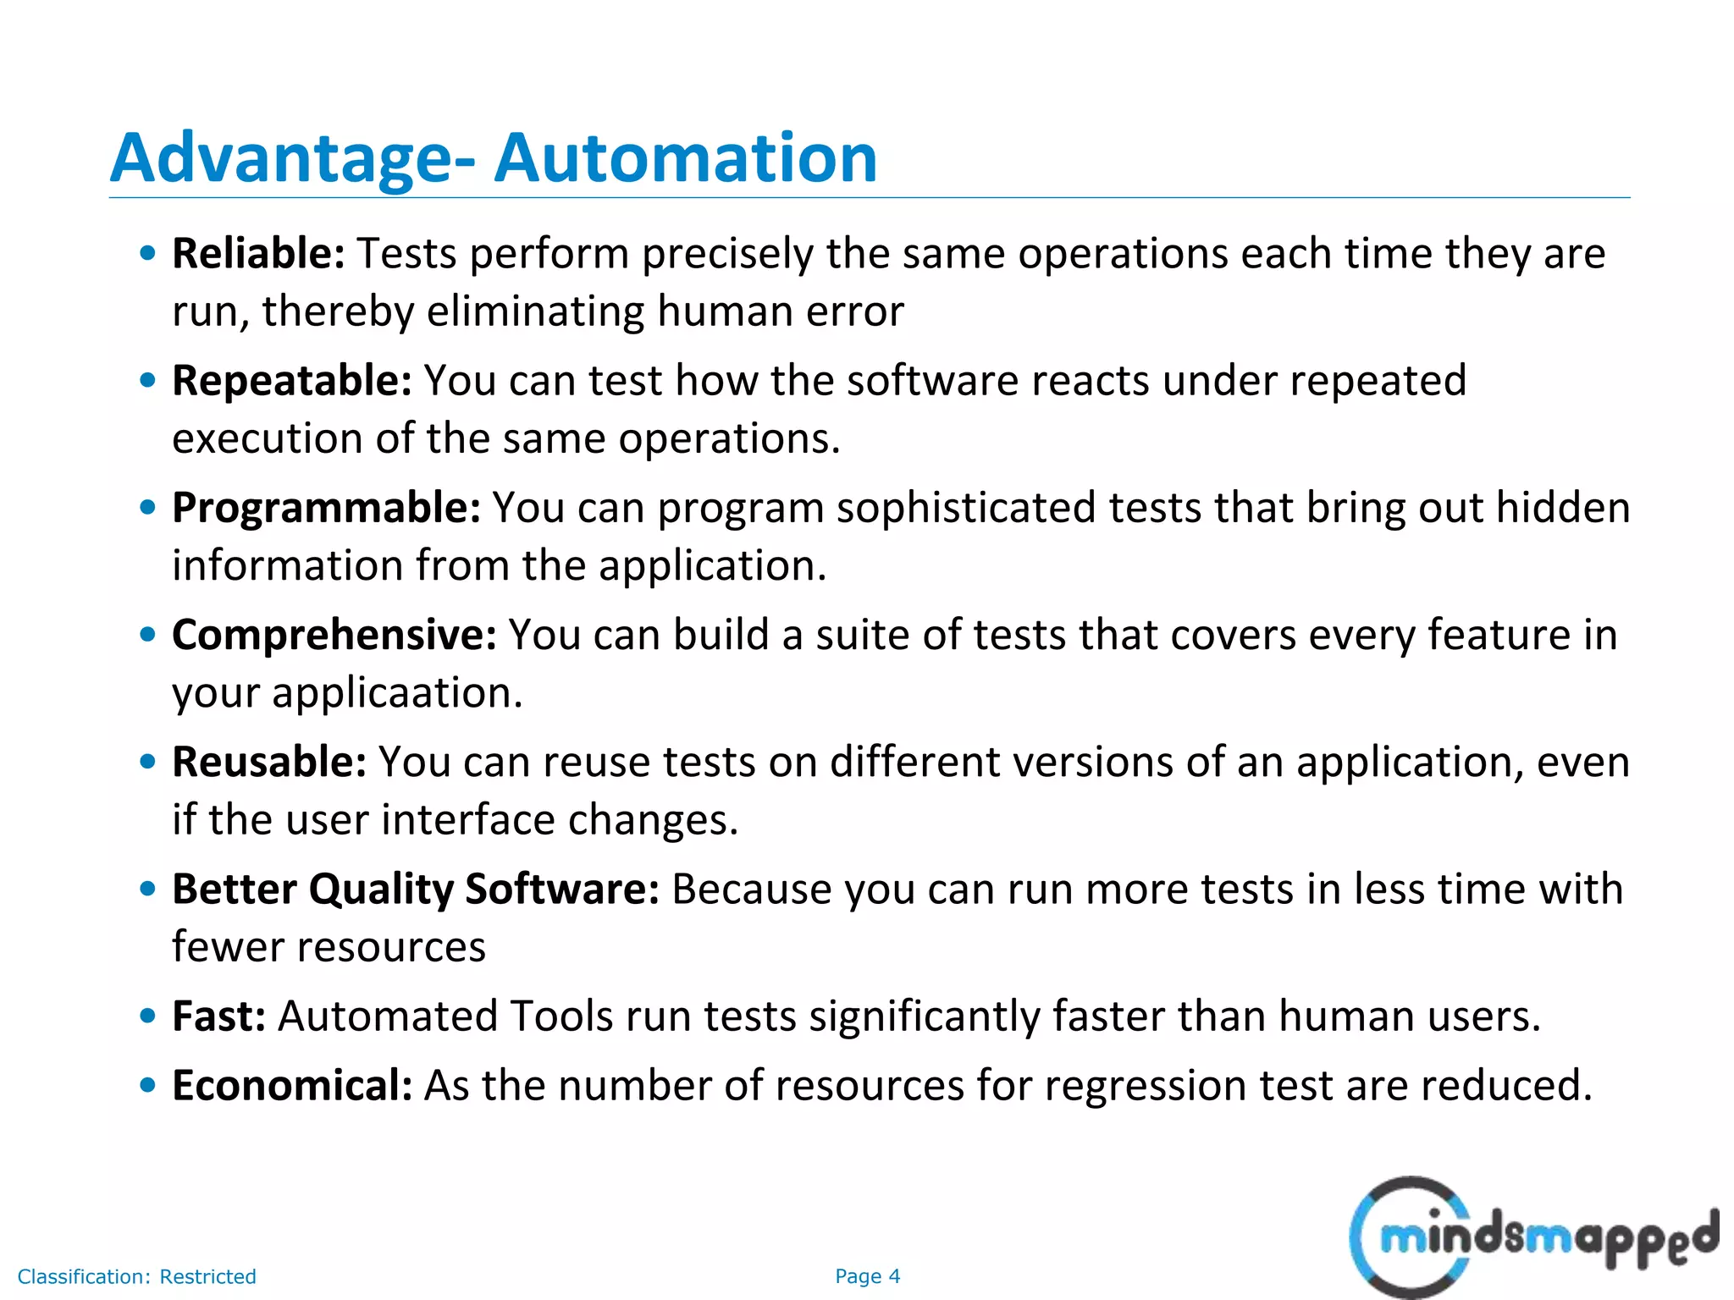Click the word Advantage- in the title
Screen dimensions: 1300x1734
click(x=293, y=158)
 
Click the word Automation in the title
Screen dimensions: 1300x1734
click(x=686, y=158)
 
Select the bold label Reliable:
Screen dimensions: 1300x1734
click(x=258, y=254)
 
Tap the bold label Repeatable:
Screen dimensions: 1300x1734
click(x=291, y=381)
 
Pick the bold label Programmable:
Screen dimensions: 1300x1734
click(x=326, y=508)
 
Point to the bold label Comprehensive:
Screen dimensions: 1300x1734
click(x=334, y=635)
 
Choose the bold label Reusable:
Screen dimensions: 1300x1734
click(x=269, y=762)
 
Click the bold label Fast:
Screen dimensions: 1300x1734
click(x=218, y=1016)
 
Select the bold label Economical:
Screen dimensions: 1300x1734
click(x=291, y=1085)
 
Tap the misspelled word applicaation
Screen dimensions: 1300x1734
click(x=396, y=694)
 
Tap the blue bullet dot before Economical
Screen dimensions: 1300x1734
click(x=148, y=1085)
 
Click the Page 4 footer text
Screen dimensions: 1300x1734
click(x=867, y=1276)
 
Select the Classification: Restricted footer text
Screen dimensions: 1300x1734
click(x=136, y=1276)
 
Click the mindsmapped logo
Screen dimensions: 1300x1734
click(x=1532, y=1238)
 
